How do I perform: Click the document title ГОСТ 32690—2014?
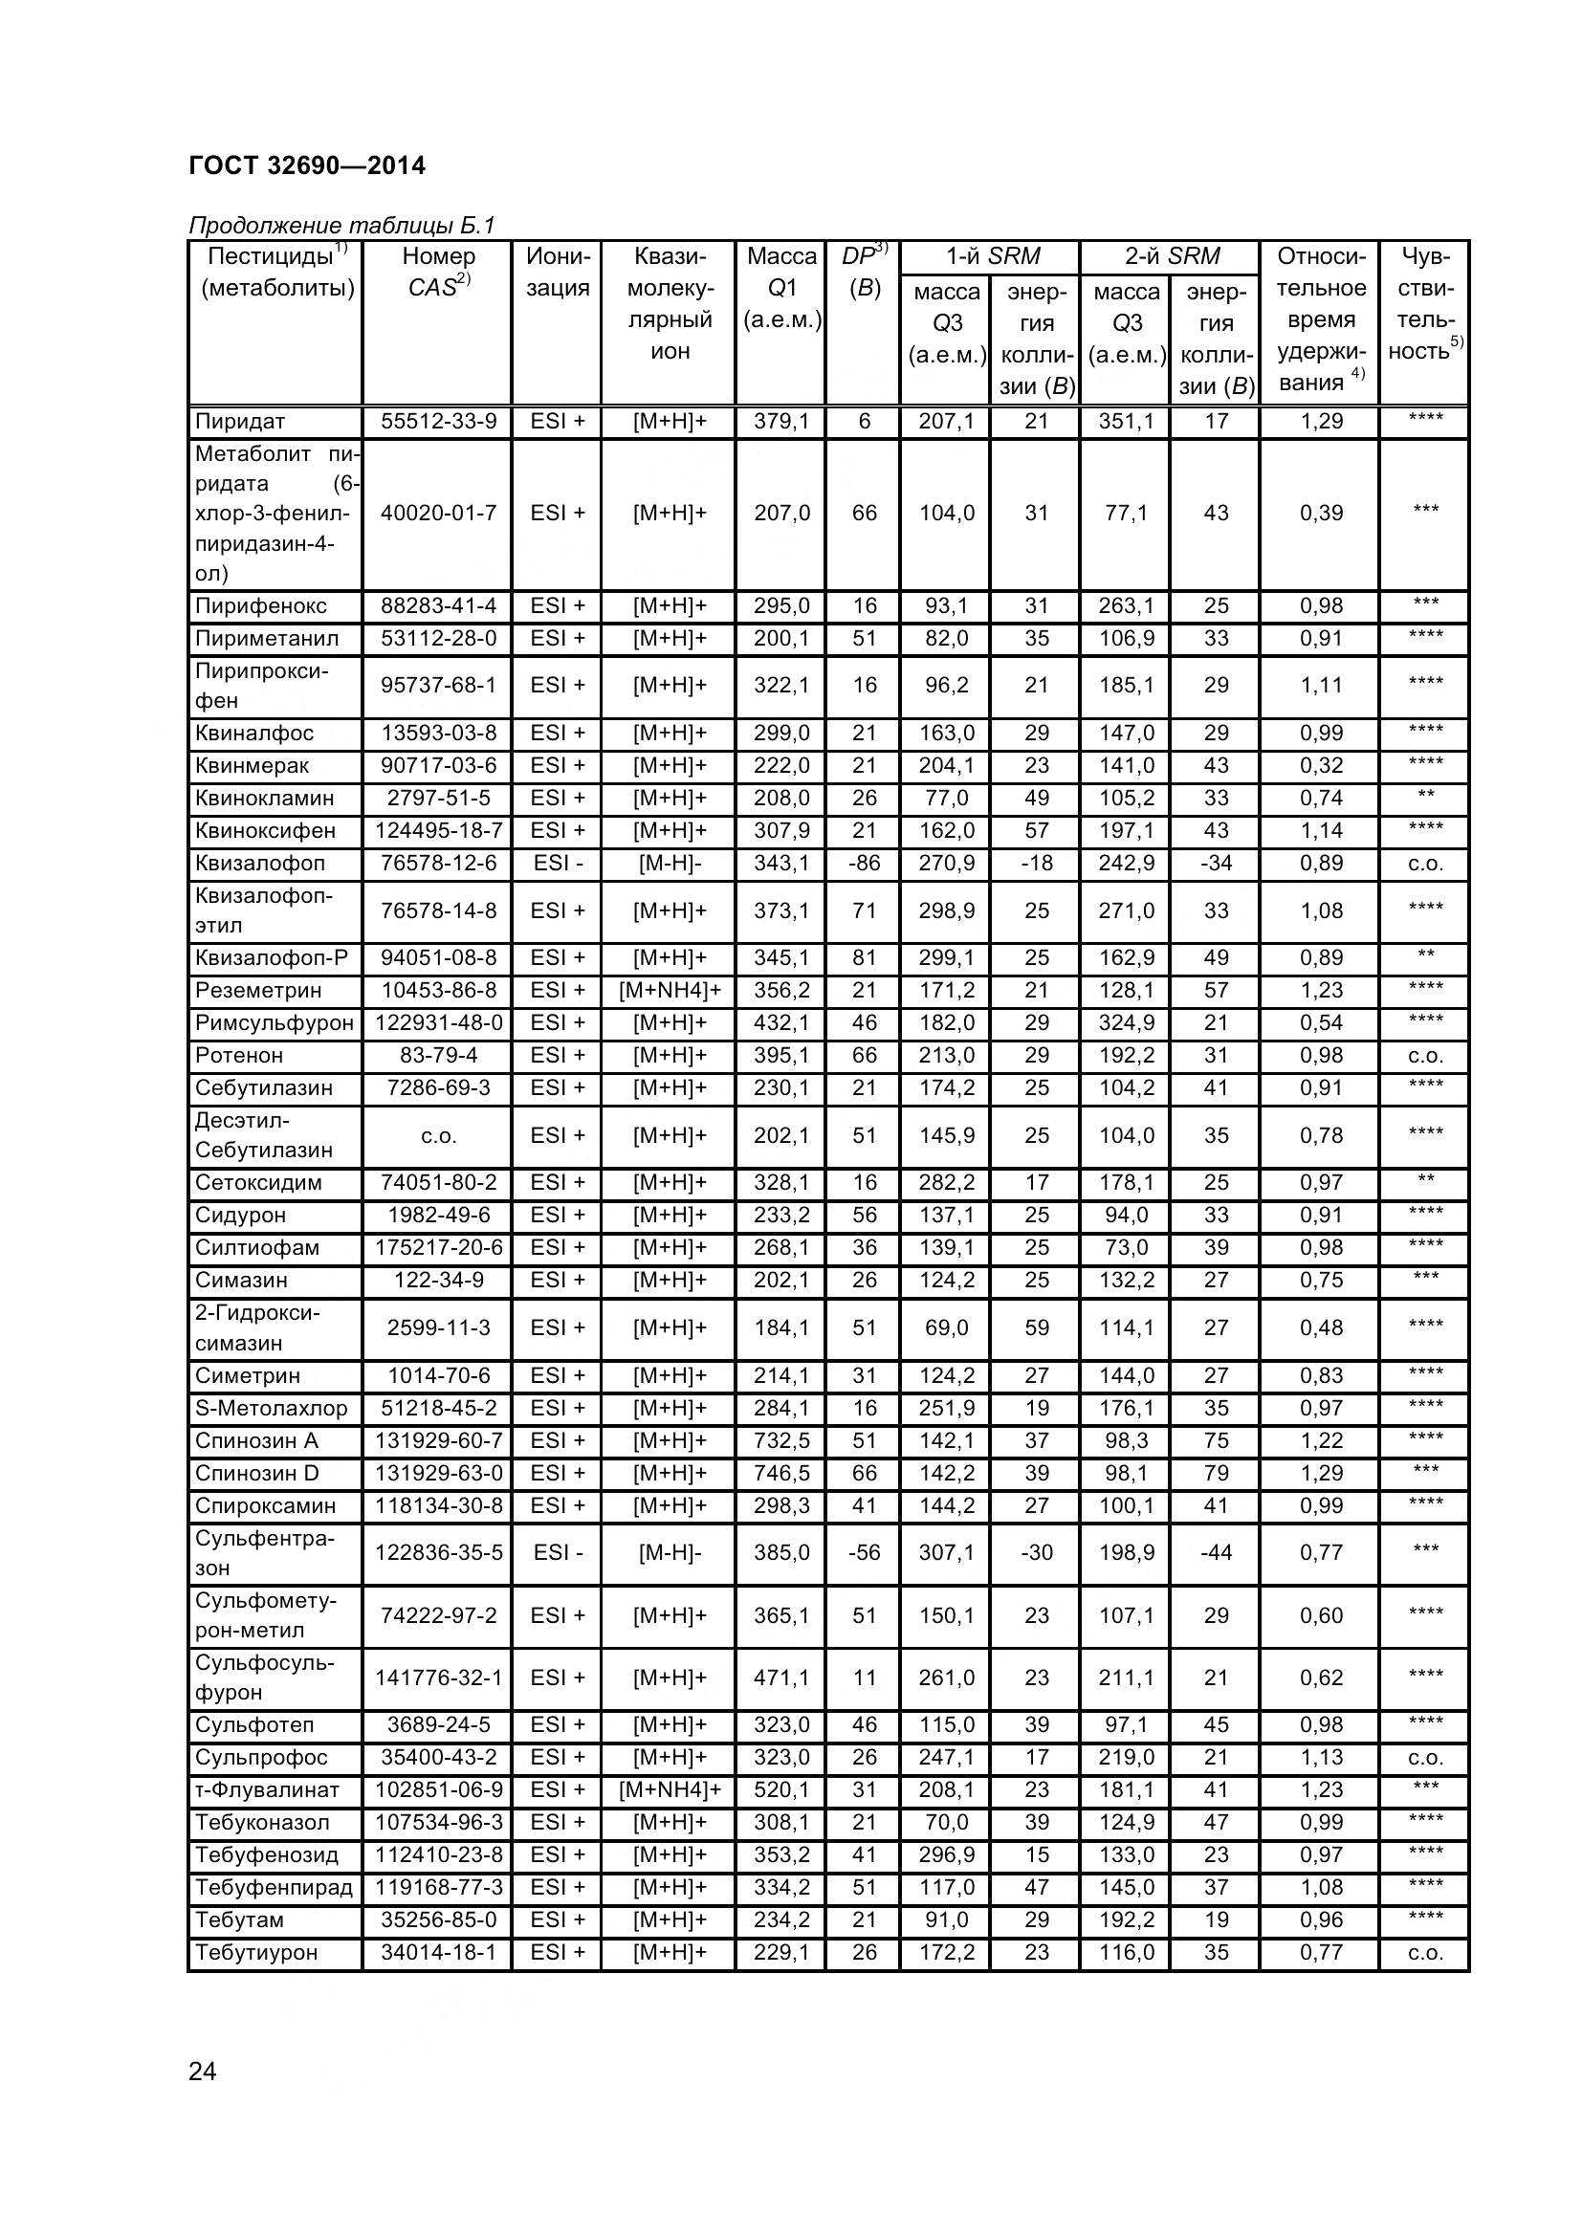pyautogui.click(x=307, y=165)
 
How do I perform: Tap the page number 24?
pyautogui.click(x=203, y=2072)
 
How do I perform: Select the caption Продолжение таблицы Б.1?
pyautogui.click(x=341, y=225)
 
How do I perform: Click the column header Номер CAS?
pyautogui.click(x=437, y=272)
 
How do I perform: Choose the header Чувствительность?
pyautogui.click(x=1425, y=303)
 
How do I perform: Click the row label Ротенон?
pyautogui.click(x=240, y=1055)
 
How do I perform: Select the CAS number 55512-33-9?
pyautogui.click(x=438, y=421)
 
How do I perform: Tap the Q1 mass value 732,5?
pyautogui.click(x=781, y=1440)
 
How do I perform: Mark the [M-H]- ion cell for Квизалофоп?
pyautogui.click(x=670, y=864)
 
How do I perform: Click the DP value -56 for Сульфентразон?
pyautogui.click(x=864, y=1552)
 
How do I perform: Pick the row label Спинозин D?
pyautogui.click(x=257, y=1473)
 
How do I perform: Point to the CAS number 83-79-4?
pyautogui.click(x=438, y=1055)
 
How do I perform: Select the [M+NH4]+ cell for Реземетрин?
pyautogui.click(x=670, y=990)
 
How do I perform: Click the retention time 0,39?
pyautogui.click(x=1321, y=513)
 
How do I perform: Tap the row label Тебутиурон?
pyautogui.click(x=256, y=1953)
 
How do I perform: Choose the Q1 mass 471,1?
pyautogui.click(x=781, y=1678)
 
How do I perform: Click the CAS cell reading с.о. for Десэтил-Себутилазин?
pyautogui.click(x=438, y=1135)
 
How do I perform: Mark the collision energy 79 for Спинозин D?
pyautogui.click(x=1216, y=1473)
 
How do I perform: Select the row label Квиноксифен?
pyautogui.click(x=265, y=830)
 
